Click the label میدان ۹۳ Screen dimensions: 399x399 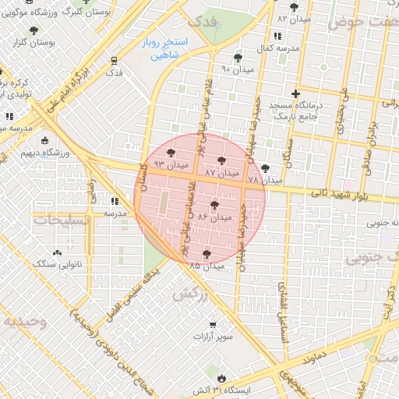click(171, 165)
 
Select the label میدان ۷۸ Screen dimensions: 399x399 click(265, 180)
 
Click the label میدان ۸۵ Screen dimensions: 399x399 click(207, 266)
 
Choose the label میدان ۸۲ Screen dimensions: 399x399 click(293, 17)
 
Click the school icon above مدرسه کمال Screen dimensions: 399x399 click(277, 37)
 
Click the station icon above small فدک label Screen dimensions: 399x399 click(115, 60)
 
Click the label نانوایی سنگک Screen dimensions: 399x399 click(58, 264)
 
